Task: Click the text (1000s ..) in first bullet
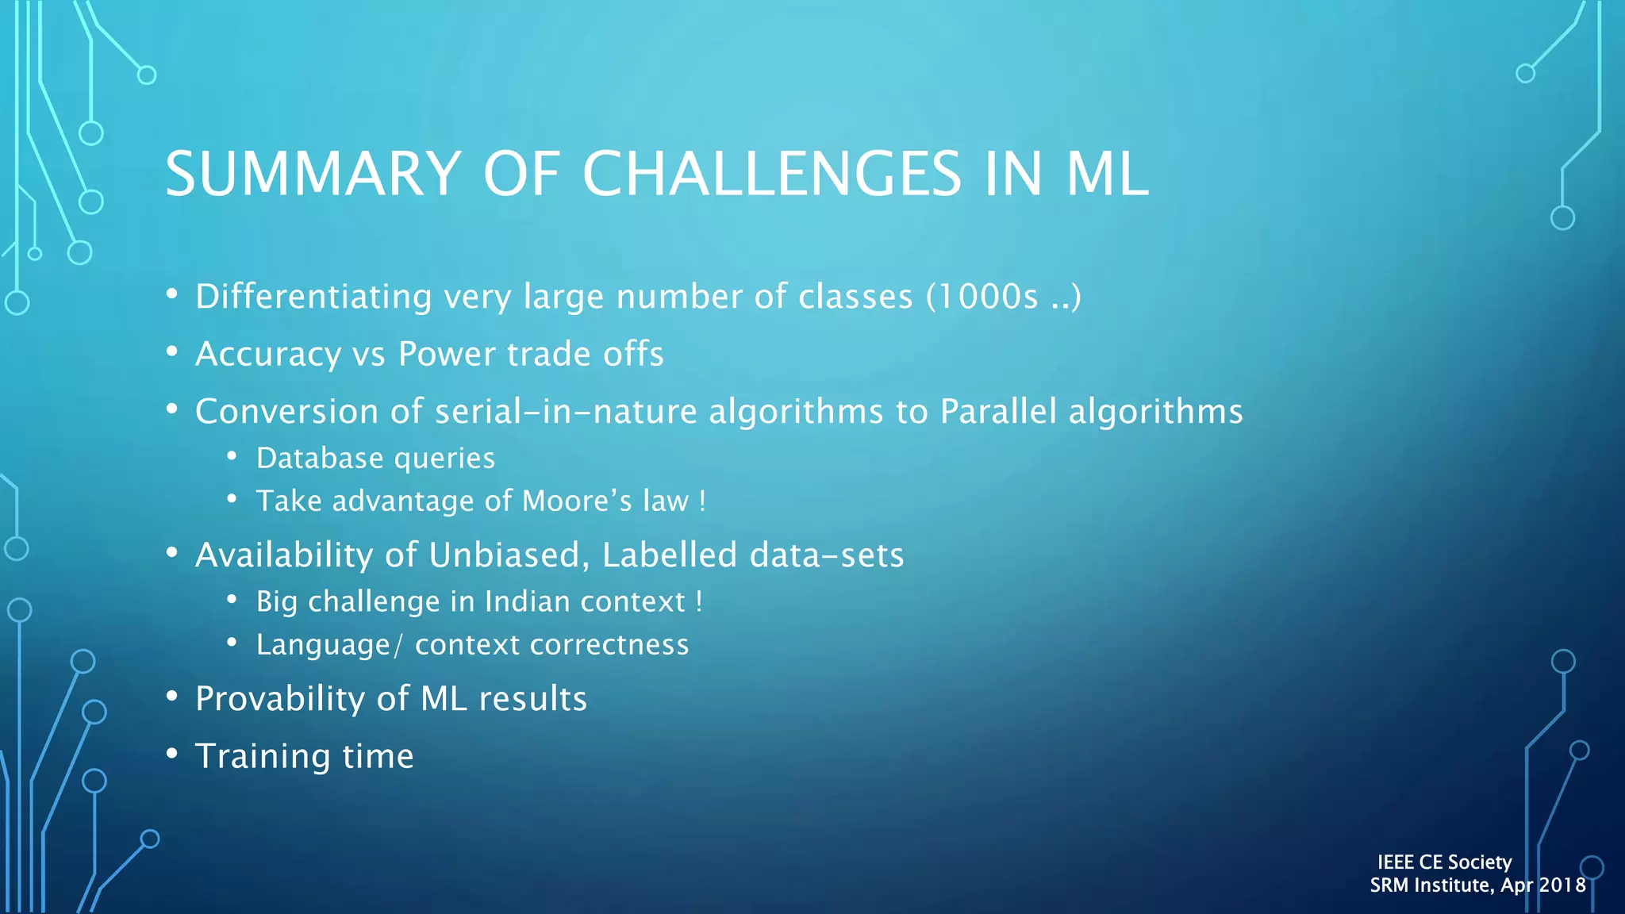[1003, 297]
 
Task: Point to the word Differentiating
[313, 297]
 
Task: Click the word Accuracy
[268, 355]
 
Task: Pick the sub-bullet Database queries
[375, 459]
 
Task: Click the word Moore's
[577, 501]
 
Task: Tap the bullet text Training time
[304, 756]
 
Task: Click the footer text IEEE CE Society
[1444, 862]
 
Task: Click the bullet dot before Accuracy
[172, 351]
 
